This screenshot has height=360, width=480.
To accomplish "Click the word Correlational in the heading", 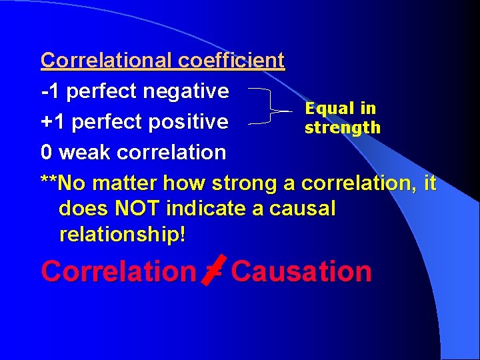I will pos(107,61).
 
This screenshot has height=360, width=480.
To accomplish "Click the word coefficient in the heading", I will pos(231,61).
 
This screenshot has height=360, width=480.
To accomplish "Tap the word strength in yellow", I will pos(343,127).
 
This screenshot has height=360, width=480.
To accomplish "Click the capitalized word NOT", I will pos(135,209).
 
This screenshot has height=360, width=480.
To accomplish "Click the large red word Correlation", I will pos(117,271).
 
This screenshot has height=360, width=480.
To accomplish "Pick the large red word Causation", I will pos(301,271).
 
